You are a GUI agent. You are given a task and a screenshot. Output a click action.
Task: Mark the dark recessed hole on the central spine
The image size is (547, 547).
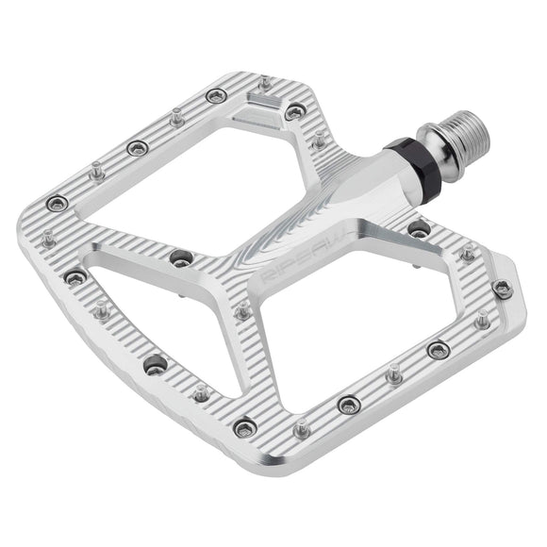coord(179,257)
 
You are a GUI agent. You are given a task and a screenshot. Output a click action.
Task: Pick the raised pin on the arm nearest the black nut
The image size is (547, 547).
coord(319,139)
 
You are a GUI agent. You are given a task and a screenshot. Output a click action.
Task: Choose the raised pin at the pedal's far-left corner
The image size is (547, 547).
coord(96,170)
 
